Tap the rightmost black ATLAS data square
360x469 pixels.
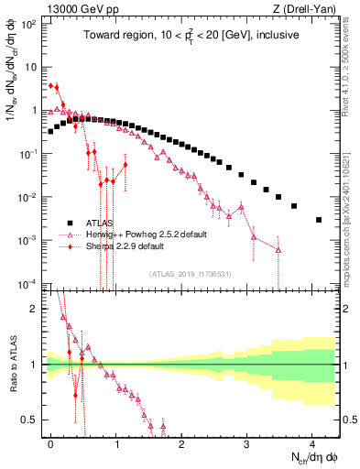pos(318,220)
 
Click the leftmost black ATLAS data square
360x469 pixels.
pos(50,131)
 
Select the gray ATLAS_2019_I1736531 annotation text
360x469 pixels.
pos(191,274)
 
